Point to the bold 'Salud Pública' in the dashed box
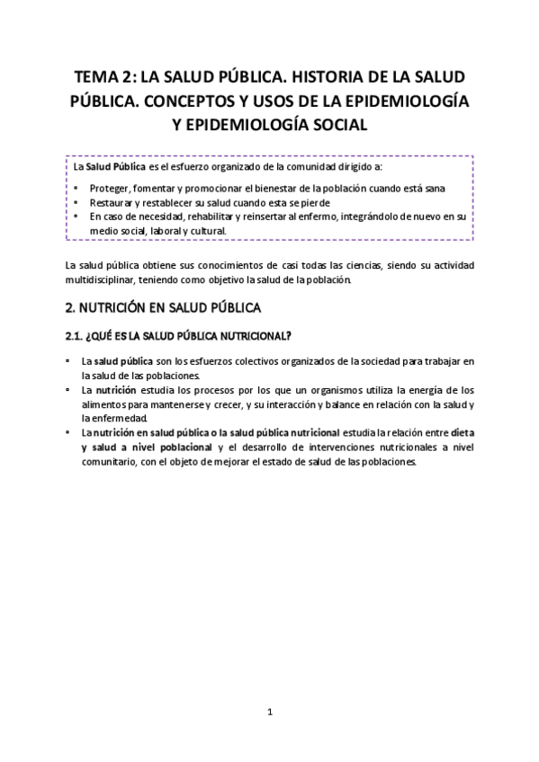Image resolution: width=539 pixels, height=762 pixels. coord(114,166)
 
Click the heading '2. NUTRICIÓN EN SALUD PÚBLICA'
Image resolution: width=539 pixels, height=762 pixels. coord(163,307)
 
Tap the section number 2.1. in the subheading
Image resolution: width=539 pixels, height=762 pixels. coord(76,336)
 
